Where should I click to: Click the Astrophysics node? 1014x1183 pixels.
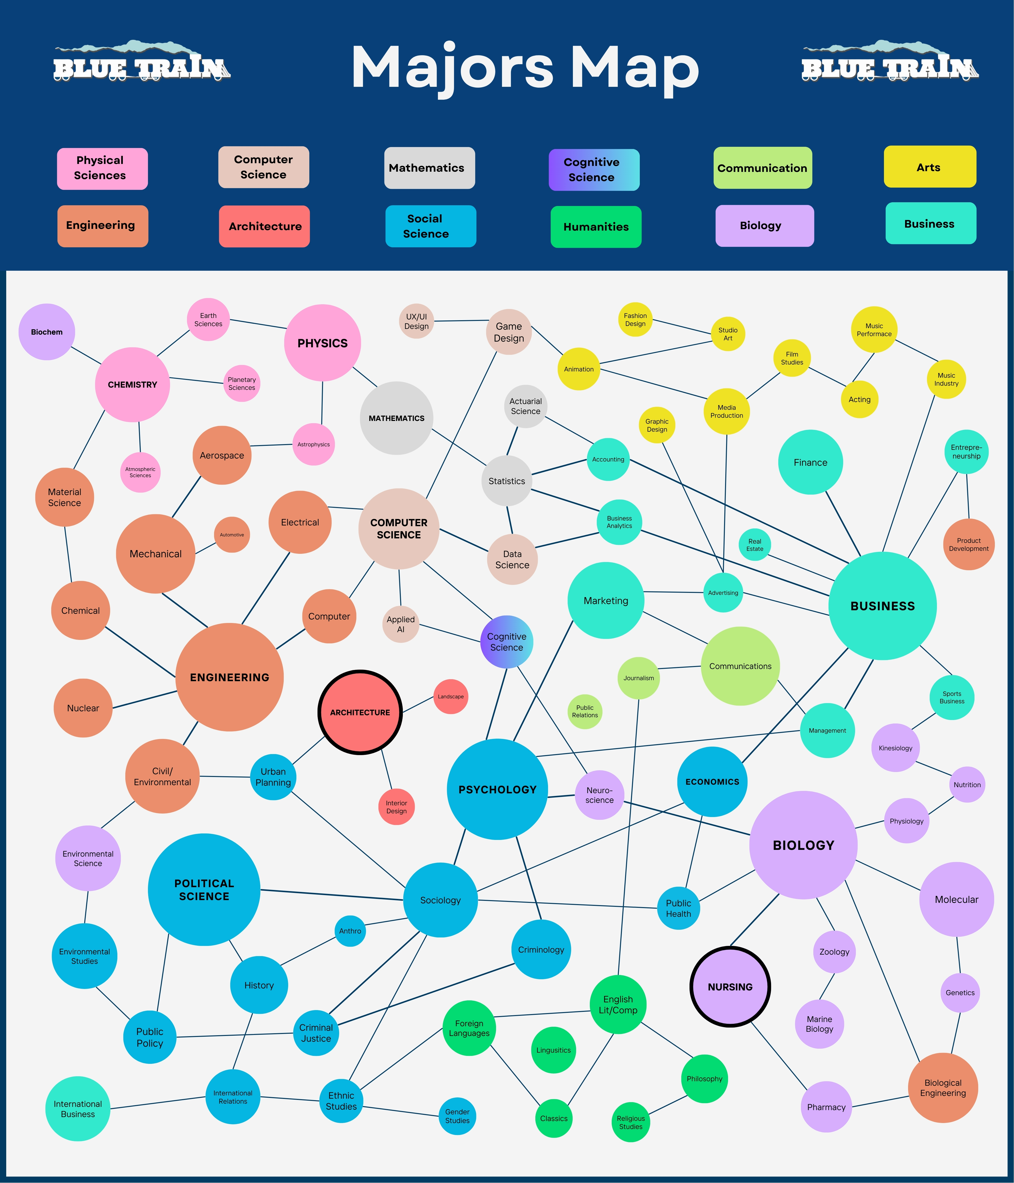tap(313, 444)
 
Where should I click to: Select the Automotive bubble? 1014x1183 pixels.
tap(232, 534)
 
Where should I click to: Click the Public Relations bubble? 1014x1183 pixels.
tap(585, 711)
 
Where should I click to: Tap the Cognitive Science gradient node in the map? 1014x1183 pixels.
tap(507, 642)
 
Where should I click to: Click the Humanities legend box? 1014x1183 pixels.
tap(596, 227)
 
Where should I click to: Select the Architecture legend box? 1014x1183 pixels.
tap(265, 226)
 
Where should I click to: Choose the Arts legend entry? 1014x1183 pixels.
tap(929, 167)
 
